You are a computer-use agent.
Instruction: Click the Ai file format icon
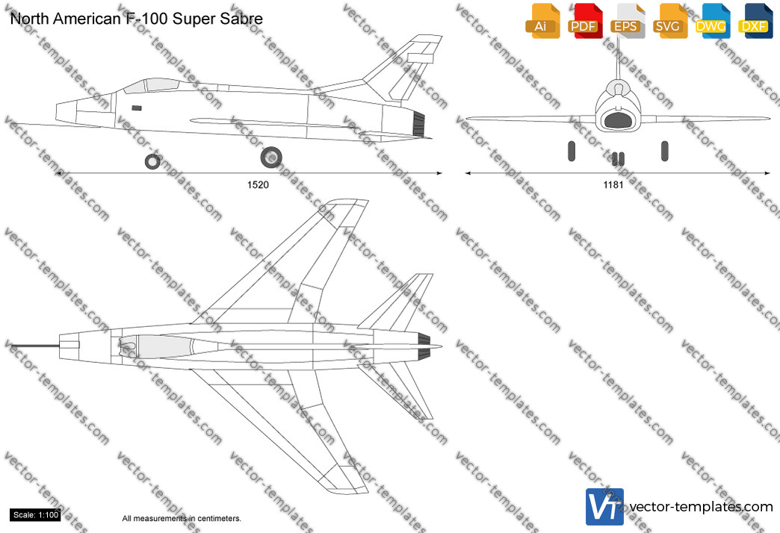click(542, 21)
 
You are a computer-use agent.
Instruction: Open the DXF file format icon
click(755, 21)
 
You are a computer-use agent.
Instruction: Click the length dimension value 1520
click(258, 185)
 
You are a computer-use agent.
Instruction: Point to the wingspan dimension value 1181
click(613, 185)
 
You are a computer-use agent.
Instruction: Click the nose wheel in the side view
click(152, 161)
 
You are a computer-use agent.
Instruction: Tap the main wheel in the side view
click(271, 158)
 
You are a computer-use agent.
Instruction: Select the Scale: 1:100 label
click(36, 515)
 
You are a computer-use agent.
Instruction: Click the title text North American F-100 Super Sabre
click(136, 19)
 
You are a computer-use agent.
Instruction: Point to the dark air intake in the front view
click(617, 120)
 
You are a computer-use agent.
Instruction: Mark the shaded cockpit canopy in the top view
click(164, 346)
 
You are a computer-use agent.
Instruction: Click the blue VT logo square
click(604, 507)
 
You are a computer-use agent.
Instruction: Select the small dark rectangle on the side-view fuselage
click(136, 108)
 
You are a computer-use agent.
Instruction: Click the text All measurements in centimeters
click(182, 518)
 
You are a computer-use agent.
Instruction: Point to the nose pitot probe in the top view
click(36, 345)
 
